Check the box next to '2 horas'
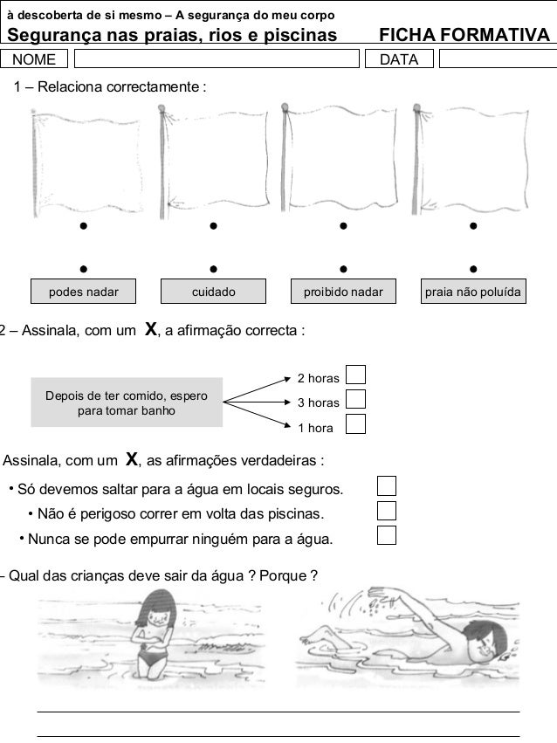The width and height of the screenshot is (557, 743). [355, 375]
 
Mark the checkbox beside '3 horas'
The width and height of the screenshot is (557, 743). [355, 399]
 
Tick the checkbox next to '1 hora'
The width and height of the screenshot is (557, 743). [355, 424]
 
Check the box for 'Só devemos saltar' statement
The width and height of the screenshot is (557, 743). [387, 485]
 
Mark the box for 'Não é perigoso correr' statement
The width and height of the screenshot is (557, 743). [387, 510]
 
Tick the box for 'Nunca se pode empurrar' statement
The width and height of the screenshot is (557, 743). [387, 534]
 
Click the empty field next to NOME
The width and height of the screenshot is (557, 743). [217, 59]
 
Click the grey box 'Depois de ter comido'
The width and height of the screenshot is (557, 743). [127, 402]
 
